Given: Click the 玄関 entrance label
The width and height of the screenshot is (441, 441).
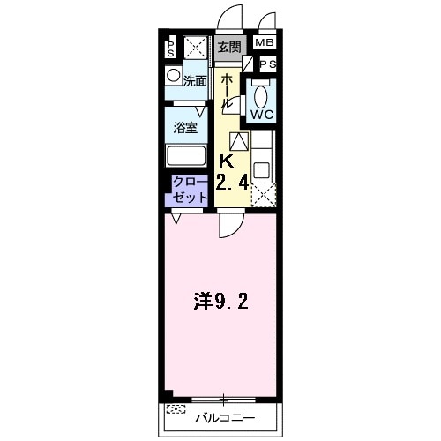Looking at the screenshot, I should [229, 47].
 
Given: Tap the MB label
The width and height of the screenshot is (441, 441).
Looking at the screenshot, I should [265, 43].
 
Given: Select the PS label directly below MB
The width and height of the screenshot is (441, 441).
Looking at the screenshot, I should [267, 64].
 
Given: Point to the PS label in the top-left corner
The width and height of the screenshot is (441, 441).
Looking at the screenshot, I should [171, 48].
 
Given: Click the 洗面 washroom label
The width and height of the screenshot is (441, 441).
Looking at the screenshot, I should [195, 80].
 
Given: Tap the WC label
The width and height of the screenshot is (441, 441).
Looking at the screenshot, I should [262, 116].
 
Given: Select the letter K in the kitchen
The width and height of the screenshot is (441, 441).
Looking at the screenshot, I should [226, 162].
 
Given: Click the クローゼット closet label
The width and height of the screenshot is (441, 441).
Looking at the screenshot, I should [190, 189].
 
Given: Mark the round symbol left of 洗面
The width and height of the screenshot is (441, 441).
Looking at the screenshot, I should [174, 76].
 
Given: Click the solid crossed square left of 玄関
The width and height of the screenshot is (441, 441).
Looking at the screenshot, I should [196, 49].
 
